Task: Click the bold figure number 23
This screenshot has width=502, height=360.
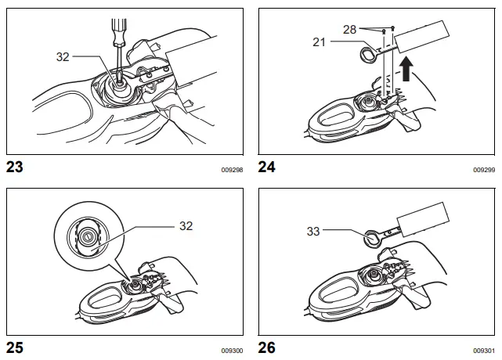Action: coord(15,167)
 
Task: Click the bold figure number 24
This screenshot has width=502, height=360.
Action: coord(267,167)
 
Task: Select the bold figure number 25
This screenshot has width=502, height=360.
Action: coord(15,347)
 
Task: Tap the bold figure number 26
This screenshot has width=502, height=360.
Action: coord(267,347)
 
